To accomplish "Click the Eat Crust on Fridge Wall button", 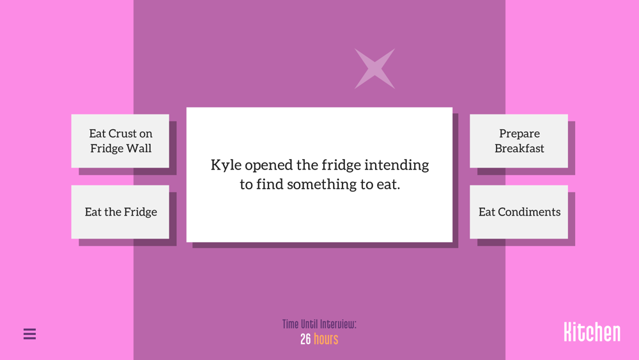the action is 120,141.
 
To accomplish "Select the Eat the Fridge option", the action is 120,212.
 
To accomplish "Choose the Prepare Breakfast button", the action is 519,141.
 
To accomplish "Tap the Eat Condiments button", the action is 519,212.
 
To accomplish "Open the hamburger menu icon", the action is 30,334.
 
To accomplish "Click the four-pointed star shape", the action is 374,68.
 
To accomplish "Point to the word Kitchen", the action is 592,332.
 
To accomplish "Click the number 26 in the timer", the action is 305,339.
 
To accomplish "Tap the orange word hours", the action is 326,339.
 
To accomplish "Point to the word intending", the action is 397,166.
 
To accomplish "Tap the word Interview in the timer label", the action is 338,324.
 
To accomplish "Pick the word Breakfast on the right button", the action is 519,148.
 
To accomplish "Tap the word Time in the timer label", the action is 291,324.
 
